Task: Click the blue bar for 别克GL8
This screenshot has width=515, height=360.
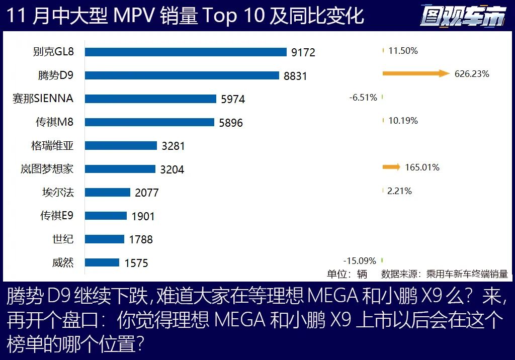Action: tap(186, 52)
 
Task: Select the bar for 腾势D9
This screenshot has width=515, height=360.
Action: tap(182, 75)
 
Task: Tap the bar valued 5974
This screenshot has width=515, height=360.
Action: tap(150, 99)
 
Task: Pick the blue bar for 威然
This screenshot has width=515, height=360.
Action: tap(102, 262)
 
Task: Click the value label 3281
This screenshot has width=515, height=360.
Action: tap(174, 146)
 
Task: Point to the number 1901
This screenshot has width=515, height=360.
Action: tap(143, 216)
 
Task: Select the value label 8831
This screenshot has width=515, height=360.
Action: tap(295, 76)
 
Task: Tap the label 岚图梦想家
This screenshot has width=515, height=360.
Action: tap(47, 169)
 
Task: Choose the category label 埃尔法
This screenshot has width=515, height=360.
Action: tap(58, 192)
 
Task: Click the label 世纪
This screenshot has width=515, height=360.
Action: tap(63, 239)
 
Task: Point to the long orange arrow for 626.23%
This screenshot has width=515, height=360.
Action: tap(415, 74)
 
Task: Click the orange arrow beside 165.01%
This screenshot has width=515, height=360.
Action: tap(391, 167)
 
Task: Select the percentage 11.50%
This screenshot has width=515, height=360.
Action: tap(403, 51)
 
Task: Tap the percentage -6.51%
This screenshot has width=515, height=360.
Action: tap(363, 98)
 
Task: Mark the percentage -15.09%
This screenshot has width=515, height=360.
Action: tap(360, 260)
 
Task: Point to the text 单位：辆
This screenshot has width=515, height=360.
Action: tap(347, 274)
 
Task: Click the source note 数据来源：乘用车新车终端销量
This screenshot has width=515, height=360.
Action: tap(445, 274)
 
